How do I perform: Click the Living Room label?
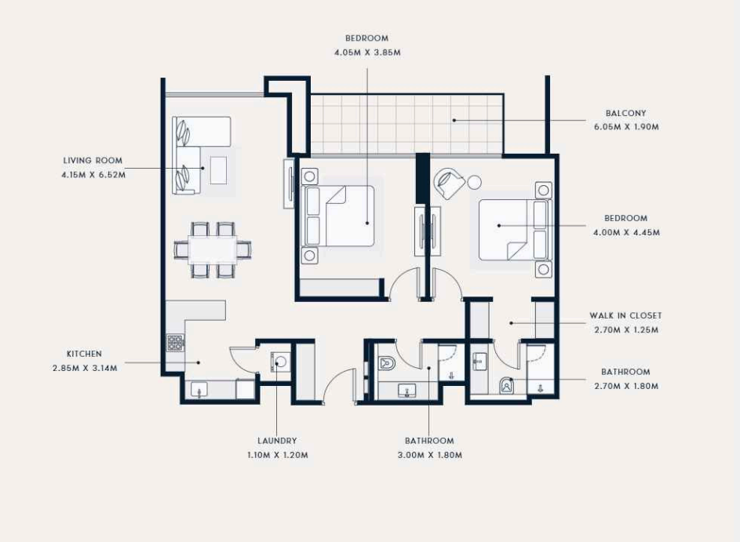click(93, 160)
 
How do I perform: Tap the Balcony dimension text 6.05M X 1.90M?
click(626, 127)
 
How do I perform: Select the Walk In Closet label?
click(625, 315)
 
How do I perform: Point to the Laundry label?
click(277, 441)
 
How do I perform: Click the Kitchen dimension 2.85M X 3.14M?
click(85, 368)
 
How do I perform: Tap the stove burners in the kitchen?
click(175, 343)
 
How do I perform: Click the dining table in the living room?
click(213, 249)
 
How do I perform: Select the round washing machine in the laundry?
click(281, 362)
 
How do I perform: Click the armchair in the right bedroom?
click(450, 184)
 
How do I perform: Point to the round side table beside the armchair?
click(474, 182)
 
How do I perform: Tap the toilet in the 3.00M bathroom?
click(387, 362)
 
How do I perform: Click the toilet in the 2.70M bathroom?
click(507, 385)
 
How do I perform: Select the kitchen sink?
click(199, 390)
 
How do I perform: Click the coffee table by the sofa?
click(218, 170)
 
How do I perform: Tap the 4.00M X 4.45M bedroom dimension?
click(626, 232)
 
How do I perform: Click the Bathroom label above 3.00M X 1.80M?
click(429, 441)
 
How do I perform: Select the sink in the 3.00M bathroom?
click(406, 391)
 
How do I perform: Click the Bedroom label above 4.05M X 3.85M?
click(366, 38)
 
